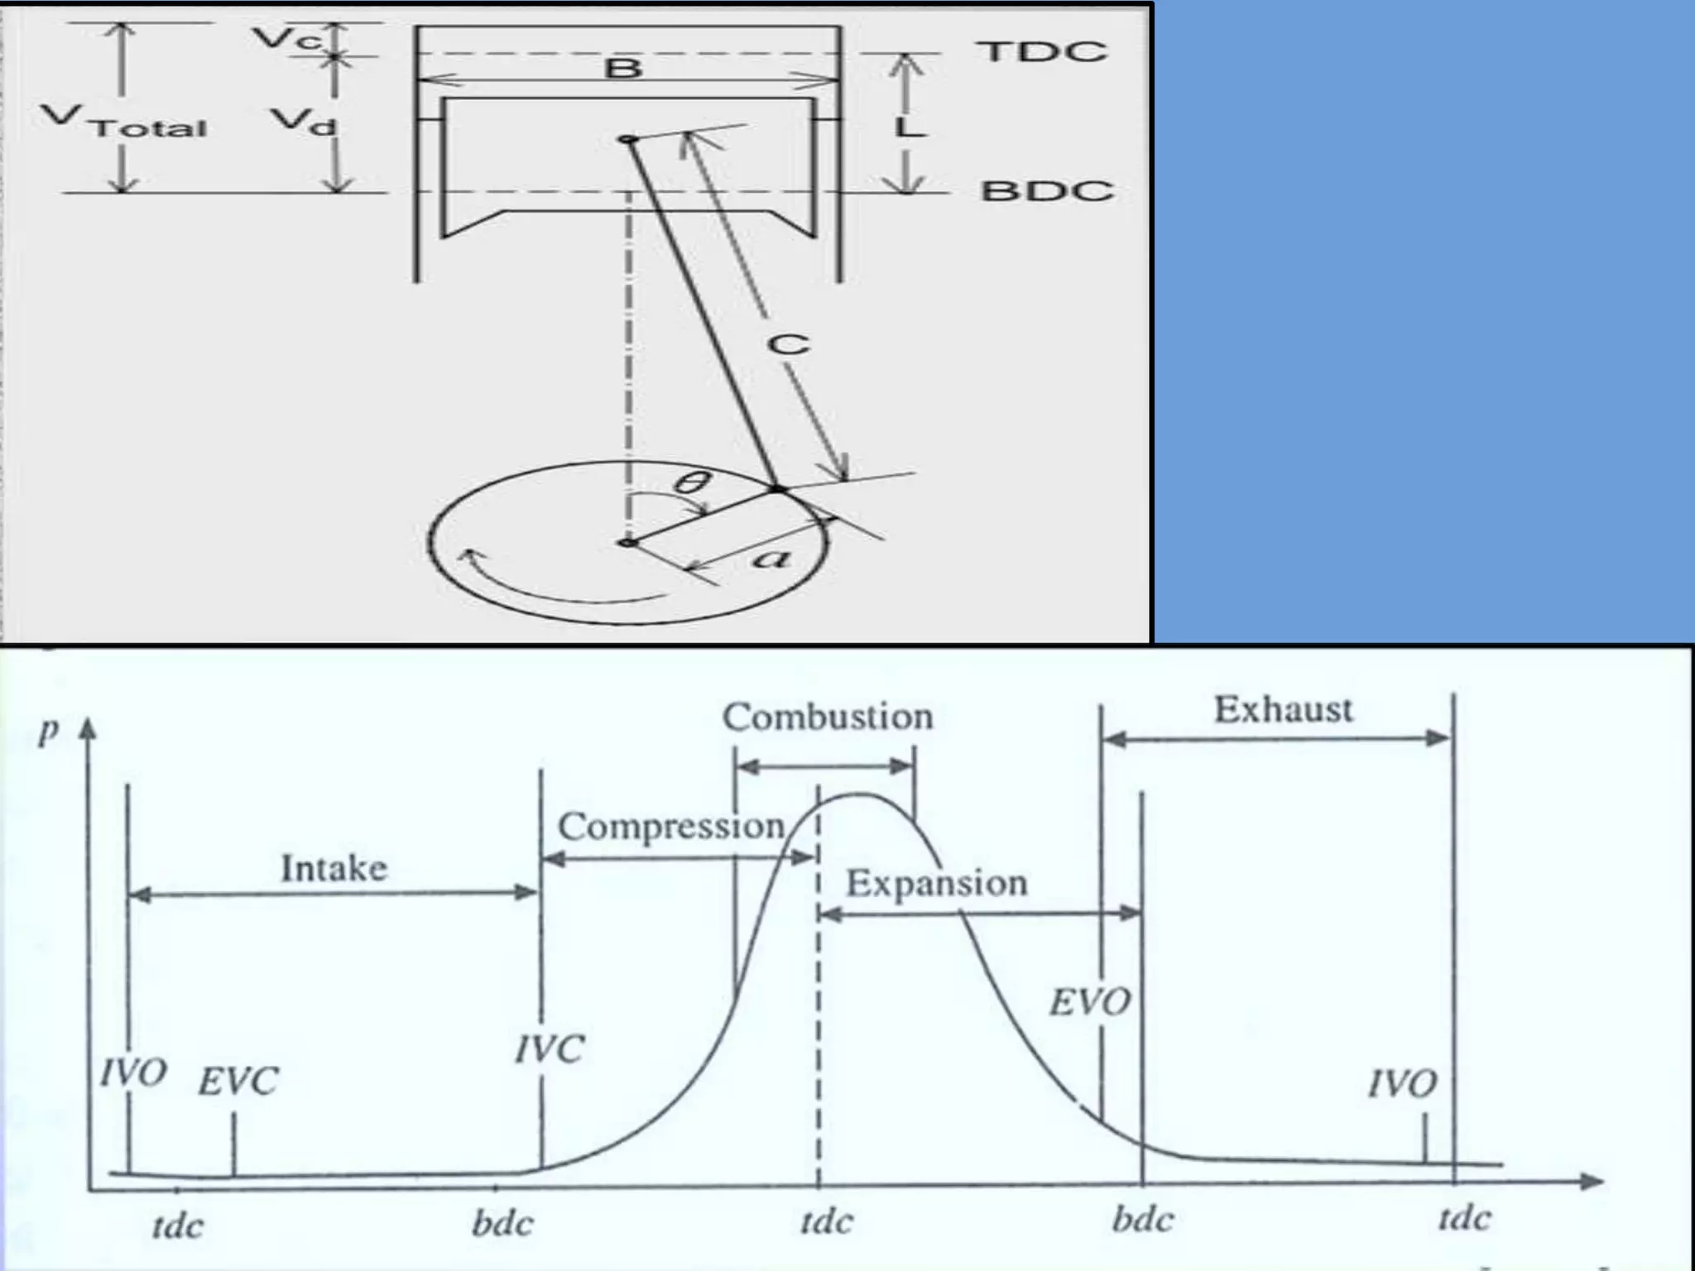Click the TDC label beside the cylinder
click(x=1043, y=51)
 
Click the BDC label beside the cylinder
click(x=1047, y=191)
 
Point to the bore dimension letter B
click(x=623, y=67)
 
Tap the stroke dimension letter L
click(x=908, y=127)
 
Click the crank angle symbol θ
click(x=692, y=482)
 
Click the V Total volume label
click(x=124, y=122)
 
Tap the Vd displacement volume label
click(x=305, y=122)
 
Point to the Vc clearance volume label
click(x=286, y=38)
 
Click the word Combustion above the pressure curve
click(x=827, y=717)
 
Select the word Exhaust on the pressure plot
click(x=1283, y=710)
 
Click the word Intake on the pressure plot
click(x=334, y=868)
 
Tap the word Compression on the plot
click(x=670, y=826)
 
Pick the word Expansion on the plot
click(x=936, y=883)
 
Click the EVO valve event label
click(x=1089, y=1003)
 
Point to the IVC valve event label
click(x=550, y=1050)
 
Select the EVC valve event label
click(x=238, y=1082)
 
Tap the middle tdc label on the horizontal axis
click(x=826, y=1221)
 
